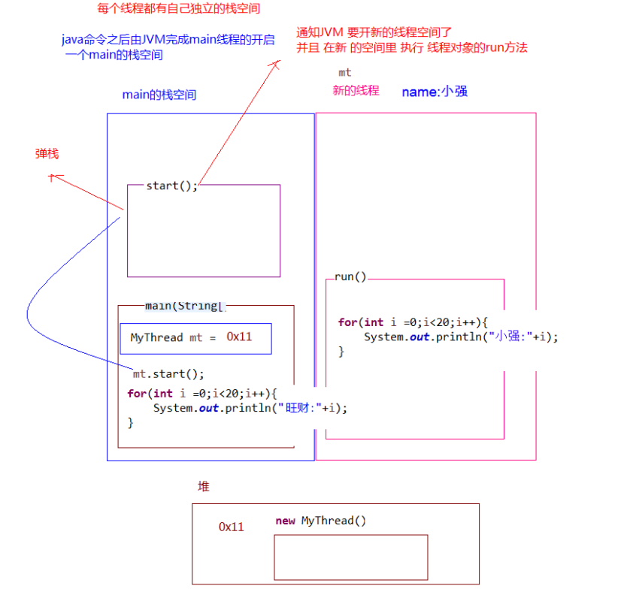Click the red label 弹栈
47,154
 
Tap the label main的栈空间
159,95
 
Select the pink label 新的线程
356,91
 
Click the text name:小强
435,92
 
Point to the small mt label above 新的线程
345,73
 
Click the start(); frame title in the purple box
171,186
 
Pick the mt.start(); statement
168,373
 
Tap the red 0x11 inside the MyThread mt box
239,337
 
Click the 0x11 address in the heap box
232,527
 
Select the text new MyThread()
321,521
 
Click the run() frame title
350,276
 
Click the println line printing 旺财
250,408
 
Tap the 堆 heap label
203,487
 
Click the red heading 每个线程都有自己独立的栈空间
173,9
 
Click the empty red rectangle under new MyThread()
350,557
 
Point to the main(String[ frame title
184,305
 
